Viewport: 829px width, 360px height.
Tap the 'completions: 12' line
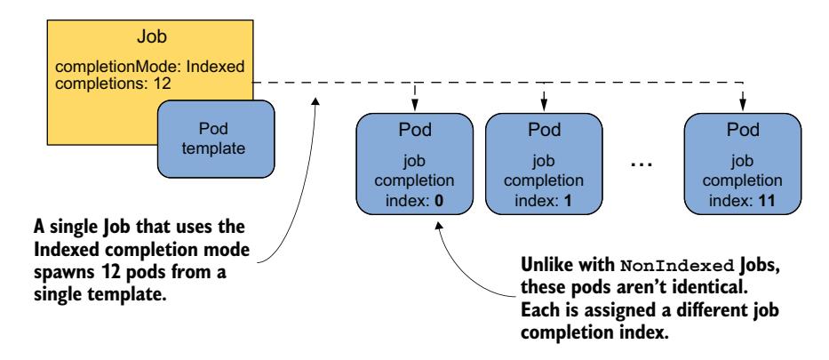(x=103, y=84)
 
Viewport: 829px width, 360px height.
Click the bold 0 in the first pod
(x=439, y=202)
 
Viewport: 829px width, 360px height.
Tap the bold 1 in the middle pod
(x=566, y=202)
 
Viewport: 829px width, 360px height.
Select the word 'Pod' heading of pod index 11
(x=743, y=132)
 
